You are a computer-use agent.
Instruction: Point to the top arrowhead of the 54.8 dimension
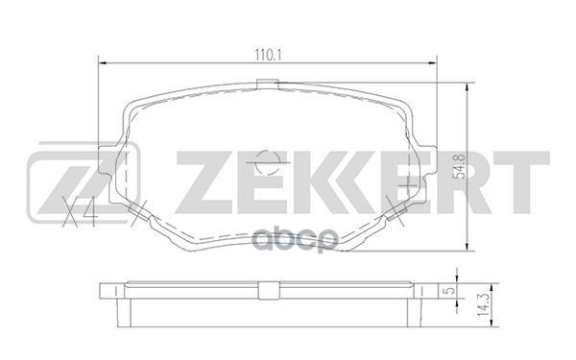pyautogui.click(x=468, y=84)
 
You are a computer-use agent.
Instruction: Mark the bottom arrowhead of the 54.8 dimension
pyautogui.click(x=468, y=248)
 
